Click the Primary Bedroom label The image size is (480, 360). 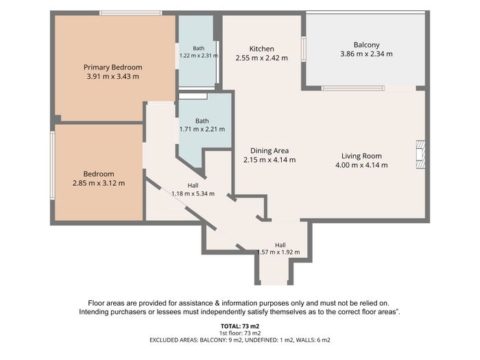click(x=112, y=67)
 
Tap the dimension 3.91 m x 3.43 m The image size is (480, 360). click(x=112, y=77)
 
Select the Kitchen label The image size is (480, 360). click(x=261, y=49)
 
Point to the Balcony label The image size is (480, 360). click(x=366, y=45)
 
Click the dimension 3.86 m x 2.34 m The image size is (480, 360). click(x=366, y=54)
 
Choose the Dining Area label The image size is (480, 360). click(x=269, y=151)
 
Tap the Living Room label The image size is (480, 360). click(x=361, y=156)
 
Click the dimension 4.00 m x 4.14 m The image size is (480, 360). click(x=361, y=165)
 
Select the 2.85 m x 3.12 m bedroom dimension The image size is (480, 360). click(x=99, y=183)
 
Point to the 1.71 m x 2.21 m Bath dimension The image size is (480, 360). click(x=202, y=129)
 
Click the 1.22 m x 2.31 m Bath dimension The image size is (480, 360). click(x=199, y=56)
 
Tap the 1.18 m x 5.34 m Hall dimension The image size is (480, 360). click(x=193, y=194)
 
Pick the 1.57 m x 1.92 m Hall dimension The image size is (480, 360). click(x=279, y=252)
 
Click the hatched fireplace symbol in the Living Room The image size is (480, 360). click(x=420, y=154)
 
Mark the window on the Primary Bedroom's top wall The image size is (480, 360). click(x=131, y=13)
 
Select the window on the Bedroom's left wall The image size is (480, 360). click(x=53, y=165)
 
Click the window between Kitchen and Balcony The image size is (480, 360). click(x=304, y=49)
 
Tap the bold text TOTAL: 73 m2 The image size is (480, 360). click(x=240, y=326)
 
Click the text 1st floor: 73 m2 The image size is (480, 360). click(x=240, y=333)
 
